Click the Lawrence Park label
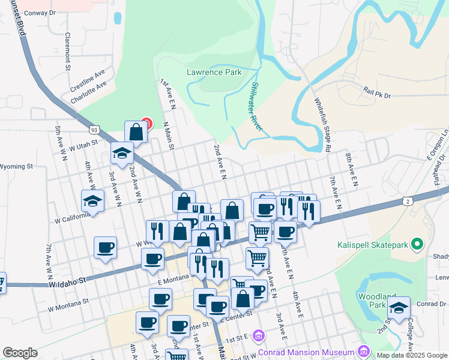(214, 72)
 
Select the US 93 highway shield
(94, 129)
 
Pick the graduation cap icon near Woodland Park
(399, 307)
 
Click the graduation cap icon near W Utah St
(122, 152)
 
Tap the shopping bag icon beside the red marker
(136, 131)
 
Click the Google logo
(20, 353)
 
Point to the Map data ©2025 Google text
(411, 355)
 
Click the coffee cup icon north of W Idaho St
(105, 247)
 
